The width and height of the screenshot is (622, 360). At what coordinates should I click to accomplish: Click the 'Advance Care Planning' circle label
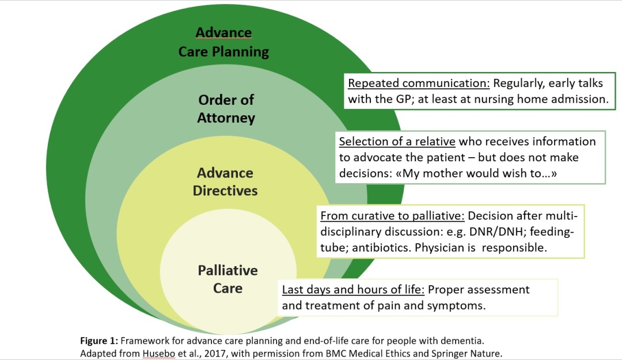[223, 42]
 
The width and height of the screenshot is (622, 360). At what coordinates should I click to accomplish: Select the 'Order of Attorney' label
[226, 109]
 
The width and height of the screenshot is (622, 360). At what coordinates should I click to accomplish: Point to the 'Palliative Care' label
[227, 279]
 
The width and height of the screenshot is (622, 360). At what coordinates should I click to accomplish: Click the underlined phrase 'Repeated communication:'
[419, 83]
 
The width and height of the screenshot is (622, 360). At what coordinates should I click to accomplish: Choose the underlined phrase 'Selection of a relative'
[396, 142]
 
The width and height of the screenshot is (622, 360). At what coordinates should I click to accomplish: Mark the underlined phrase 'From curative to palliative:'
[392, 217]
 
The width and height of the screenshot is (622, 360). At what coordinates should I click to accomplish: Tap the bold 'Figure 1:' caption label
[98, 340]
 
